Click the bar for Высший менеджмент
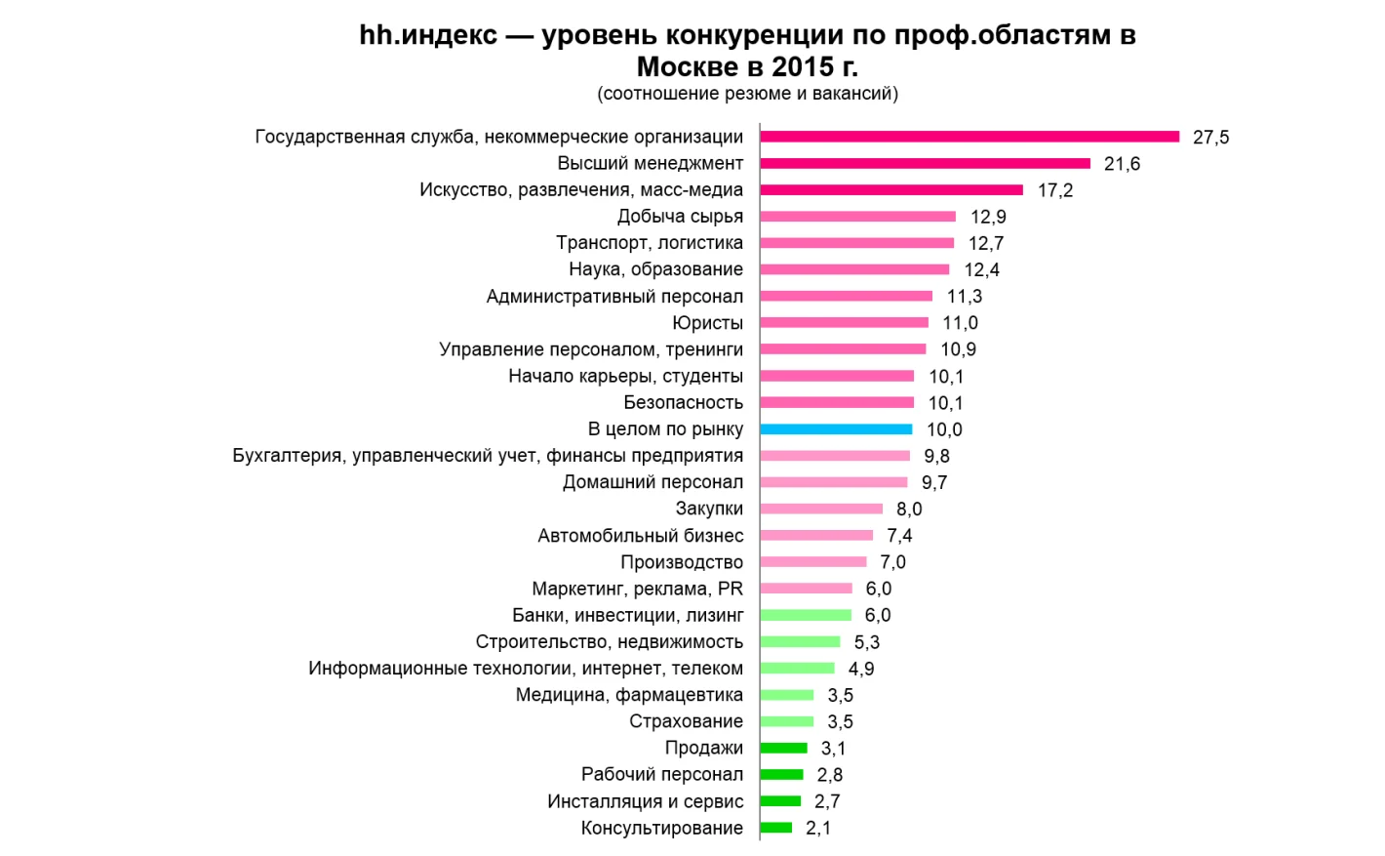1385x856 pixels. point(925,163)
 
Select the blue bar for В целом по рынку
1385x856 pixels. point(836,428)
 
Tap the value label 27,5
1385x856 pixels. point(1210,137)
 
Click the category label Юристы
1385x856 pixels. point(707,322)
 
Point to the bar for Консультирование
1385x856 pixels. point(776,828)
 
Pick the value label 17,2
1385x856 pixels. point(1054,189)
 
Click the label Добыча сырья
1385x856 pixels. point(680,216)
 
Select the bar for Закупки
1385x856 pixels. point(821,509)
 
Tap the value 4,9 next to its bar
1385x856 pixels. point(860,669)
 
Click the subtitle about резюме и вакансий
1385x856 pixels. point(747,94)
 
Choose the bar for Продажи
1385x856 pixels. point(783,748)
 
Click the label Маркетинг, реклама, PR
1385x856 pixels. point(637,589)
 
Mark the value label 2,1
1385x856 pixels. point(818,828)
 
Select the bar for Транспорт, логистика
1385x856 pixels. point(856,242)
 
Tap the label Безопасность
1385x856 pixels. point(683,402)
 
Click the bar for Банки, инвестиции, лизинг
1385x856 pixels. point(806,615)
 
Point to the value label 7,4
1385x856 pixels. point(899,535)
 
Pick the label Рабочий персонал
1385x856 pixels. point(661,774)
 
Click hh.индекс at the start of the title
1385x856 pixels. point(428,35)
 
